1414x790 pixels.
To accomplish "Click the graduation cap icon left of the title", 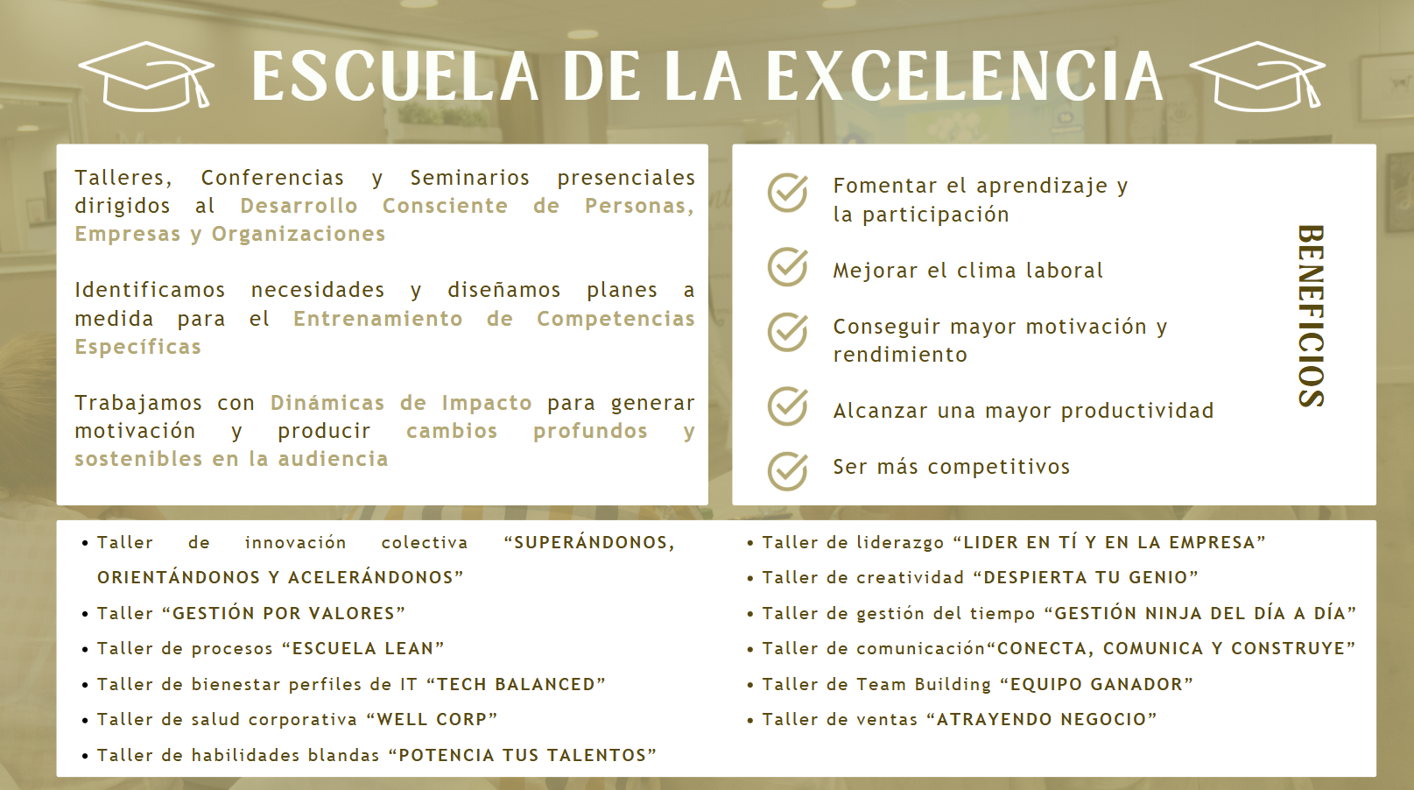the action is [x=146, y=76].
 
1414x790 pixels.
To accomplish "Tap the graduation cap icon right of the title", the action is [x=1256, y=76].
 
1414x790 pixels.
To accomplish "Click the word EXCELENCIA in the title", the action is [x=965, y=76].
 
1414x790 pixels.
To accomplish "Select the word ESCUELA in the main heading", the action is [x=395, y=76].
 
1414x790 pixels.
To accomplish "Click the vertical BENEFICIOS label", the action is [x=1311, y=316].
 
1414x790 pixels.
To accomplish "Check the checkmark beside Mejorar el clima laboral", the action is [x=788, y=267].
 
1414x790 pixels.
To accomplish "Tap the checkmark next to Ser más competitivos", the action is [x=788, y=471].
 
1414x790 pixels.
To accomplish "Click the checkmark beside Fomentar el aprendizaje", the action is [x=788, y=193].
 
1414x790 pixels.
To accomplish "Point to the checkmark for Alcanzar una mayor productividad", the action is [x=788, y=406].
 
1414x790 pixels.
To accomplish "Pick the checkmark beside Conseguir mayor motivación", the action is [x=788, y=332].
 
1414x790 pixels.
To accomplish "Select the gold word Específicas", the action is [x=137, y=347].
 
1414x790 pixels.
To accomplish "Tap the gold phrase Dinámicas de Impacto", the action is [x=401, y=403].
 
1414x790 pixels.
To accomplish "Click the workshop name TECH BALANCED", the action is [x=517, y=685].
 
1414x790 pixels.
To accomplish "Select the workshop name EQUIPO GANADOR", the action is [x=1097, y=685].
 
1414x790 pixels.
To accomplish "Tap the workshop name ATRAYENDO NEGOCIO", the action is [x=1042, y=720].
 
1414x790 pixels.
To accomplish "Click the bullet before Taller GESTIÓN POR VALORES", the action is [x=85, y=614].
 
